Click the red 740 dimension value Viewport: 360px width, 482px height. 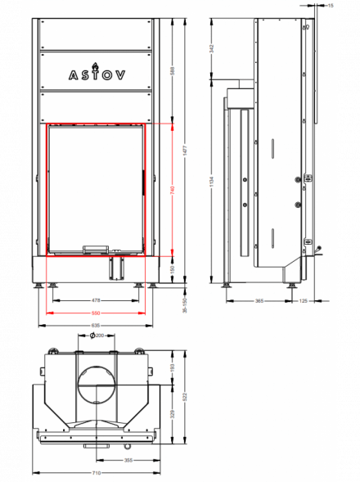coord(173,189)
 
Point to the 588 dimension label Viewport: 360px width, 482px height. coord(173,71)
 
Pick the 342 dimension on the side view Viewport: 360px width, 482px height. coord(212,48)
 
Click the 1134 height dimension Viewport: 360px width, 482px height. coord(212,178)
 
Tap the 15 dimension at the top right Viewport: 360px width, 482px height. coord(330,6)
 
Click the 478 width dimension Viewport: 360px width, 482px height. coord(96,301)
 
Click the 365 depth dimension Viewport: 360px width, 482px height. coord(259,301)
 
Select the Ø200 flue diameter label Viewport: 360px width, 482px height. coord(98,336)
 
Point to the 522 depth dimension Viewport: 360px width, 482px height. coord(187,396)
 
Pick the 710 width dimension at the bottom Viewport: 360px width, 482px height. coord(97,473)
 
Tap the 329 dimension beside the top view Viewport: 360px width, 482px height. coord(173,415)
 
